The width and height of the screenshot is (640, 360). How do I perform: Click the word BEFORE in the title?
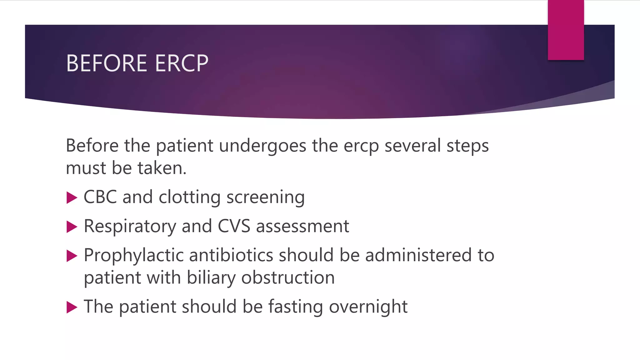[x=107, y=63]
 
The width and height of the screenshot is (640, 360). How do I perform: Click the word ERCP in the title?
[x=182, y=63]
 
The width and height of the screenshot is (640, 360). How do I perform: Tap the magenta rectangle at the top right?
[x=566, y=30]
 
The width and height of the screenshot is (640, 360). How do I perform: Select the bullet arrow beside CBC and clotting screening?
[x=72, y=197]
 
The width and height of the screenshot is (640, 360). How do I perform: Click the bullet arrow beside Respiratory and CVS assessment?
[x=72, y=227]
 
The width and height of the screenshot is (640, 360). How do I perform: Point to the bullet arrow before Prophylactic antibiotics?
[x=72, y=256]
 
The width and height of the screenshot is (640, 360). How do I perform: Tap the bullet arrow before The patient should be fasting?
[x=72, y=307]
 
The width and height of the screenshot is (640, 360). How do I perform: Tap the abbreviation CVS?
[x=234, y=226]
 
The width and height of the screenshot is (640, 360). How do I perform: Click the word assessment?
[x=302, y=227]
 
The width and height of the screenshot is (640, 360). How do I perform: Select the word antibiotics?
[x=231, y=255]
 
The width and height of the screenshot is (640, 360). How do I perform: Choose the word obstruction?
[x=288, y=277]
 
